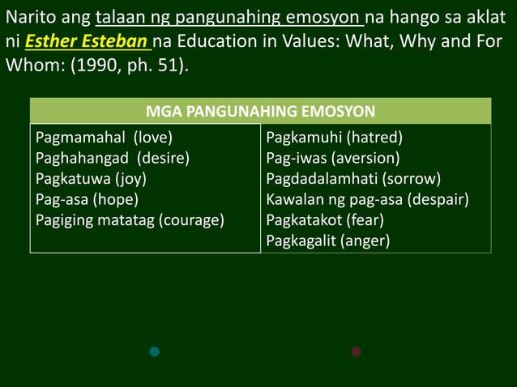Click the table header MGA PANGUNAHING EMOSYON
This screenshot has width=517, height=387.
(x=260, y=111)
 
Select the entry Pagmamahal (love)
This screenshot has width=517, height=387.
(x=104, y=138)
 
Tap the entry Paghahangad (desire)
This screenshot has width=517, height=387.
(x=112, y=158)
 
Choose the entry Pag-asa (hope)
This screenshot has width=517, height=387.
(x=87, y=199)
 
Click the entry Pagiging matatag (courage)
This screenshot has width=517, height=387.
(x=130, y=219)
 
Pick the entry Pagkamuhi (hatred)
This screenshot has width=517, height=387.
(x=335, y=138)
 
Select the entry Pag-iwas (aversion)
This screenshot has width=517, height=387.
(x=332, y=158)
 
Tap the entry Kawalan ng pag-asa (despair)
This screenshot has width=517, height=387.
(x=368, y=199)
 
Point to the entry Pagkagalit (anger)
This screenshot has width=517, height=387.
(x=328, y=240)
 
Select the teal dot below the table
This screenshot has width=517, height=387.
(x=155, y=351)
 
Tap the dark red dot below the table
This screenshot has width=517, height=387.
(x=356, y=351)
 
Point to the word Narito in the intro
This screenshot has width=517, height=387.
(x=32, y=18)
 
